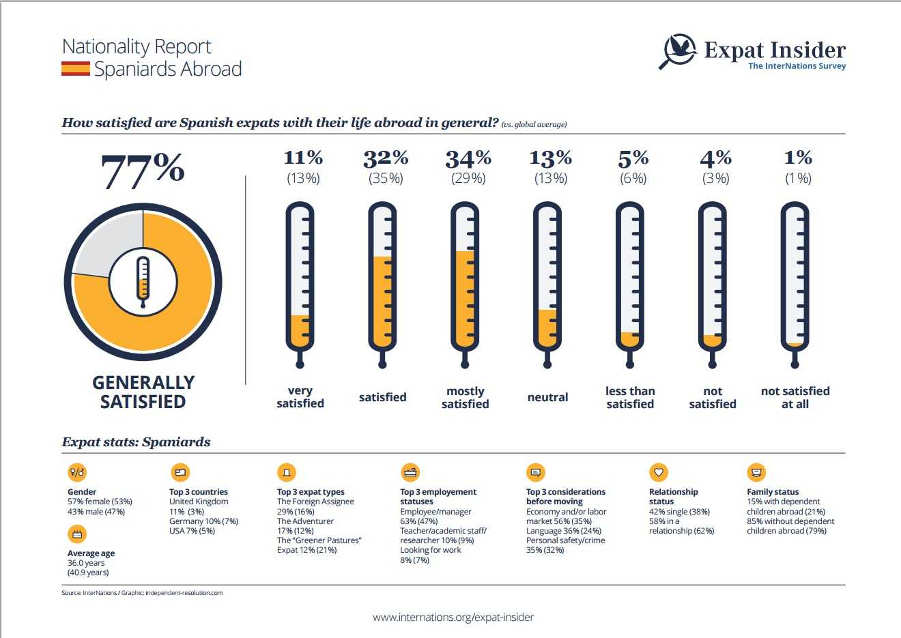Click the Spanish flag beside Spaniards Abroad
click(x=75, y=69)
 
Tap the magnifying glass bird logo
click(x=678, y=51)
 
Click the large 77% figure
click(x=143, y=170)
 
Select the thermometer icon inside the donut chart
click(x=143, y=282)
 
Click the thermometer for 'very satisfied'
click(x=300, y=284)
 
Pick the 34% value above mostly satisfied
click(x=468, y=159)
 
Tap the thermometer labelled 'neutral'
click(x=547, y=284)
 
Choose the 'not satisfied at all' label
click(x=795, y=397)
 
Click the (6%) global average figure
click(x=633, y=178)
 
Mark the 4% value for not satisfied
click(x=715, y=158)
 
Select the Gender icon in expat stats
click(x=77, y=472)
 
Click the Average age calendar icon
click(x=77, y=534)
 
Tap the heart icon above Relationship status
click(x=659, y=472)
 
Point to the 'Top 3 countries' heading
click(x=199, y=491)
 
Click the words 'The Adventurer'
click(x=305, y=521)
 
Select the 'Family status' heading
click(x=773, y=491)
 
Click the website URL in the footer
click(x=453, y=617)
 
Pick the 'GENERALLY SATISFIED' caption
click(x=143, y=392)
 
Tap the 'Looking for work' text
click(x=431, y=550)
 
